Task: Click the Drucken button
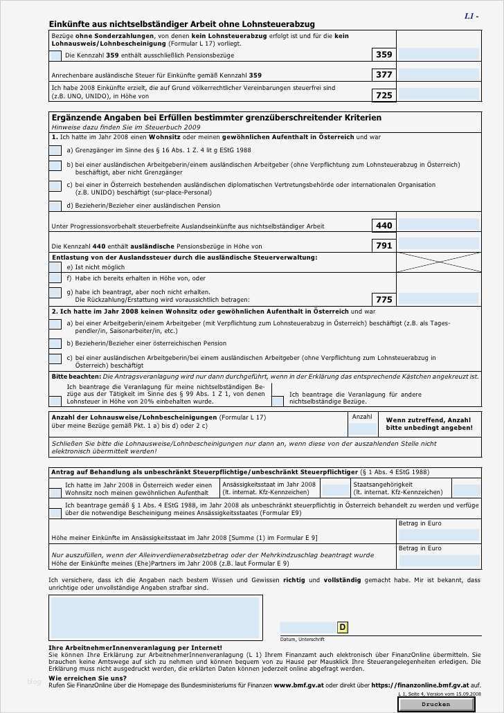tap(436, 704)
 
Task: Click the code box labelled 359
tap(384, 55)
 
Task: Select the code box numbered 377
tap(384, 75)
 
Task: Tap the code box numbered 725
tap(384, 95)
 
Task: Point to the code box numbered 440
tap(384, 226)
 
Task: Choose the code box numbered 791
tap(384, 245)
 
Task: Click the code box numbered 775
tap(384, 300)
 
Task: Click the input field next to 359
tap(439, 54)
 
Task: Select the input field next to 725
tap(439, 94)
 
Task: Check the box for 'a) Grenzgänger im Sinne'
tap(55, 150)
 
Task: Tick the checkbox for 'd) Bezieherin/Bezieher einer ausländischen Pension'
tap(55, 206)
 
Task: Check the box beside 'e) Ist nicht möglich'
tap(55, 267)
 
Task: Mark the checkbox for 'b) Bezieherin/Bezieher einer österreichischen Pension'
tap(55, 343)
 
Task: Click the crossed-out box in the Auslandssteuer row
tap(438, 262)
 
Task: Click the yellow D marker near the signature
tap(342, 627)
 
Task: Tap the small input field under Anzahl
tap(362, 429)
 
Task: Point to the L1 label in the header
tap(471, 15)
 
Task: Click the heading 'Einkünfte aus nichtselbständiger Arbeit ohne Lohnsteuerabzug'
tap(182, 24)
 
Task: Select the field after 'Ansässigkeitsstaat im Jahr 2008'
tap(336, 489)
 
